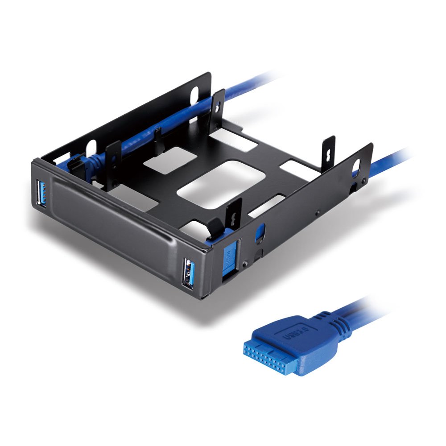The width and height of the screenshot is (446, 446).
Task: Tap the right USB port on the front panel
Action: [x=189, y=273]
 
